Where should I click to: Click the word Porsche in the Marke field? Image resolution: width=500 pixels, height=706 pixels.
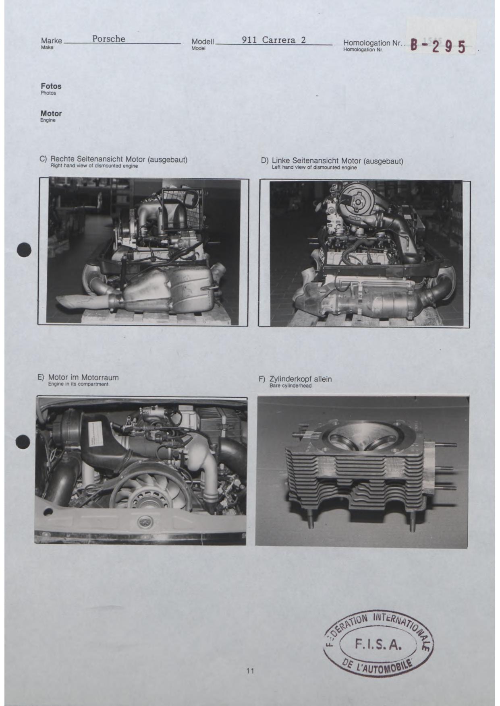point(109,39)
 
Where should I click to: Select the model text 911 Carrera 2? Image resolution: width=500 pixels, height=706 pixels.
point(274,40)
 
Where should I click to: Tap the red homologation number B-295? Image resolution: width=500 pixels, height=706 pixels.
point(438,46)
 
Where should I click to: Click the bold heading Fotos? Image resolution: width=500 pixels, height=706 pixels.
point(51,86)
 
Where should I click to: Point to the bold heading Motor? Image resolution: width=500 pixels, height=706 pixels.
point(51,114)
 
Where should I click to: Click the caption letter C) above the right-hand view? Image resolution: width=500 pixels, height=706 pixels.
point(43,159)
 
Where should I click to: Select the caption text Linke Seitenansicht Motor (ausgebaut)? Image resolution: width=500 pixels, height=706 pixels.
point(338,161)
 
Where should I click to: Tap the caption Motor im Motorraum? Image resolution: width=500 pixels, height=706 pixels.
point(83,378)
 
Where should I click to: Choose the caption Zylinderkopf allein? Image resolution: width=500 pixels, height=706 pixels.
point(301,379)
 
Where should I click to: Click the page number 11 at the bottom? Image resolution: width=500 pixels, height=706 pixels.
point(250,671)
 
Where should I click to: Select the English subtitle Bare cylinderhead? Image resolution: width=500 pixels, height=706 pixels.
point(290,386)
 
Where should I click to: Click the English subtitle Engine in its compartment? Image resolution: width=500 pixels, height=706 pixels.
point(78,384)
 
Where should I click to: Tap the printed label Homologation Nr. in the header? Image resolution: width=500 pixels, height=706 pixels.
point(373,43)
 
